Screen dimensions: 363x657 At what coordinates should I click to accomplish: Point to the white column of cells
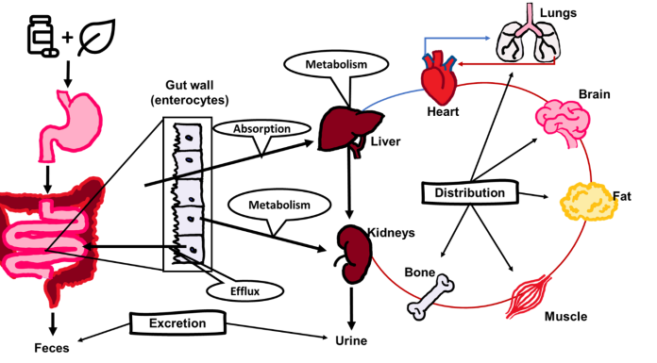click(x=189, y=193)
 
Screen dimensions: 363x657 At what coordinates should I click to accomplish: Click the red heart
click(x=439, y=81)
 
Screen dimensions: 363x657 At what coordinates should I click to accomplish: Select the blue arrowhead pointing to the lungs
click(x=487, y=38)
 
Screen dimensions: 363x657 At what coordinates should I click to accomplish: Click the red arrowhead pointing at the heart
click(x=463, y=64)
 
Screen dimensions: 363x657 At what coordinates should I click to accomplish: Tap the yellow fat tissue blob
click(x=588, y=202)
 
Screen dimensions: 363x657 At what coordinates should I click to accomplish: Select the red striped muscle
click(x=530, y=297)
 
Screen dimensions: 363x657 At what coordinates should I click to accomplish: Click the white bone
click(x=430, y=296)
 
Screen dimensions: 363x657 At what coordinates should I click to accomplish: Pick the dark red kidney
click(x=354, y=254)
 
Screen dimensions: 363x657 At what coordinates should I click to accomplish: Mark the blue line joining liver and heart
click(x=389, y=97)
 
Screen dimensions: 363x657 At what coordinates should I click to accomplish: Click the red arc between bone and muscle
click(x=477, y=306)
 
